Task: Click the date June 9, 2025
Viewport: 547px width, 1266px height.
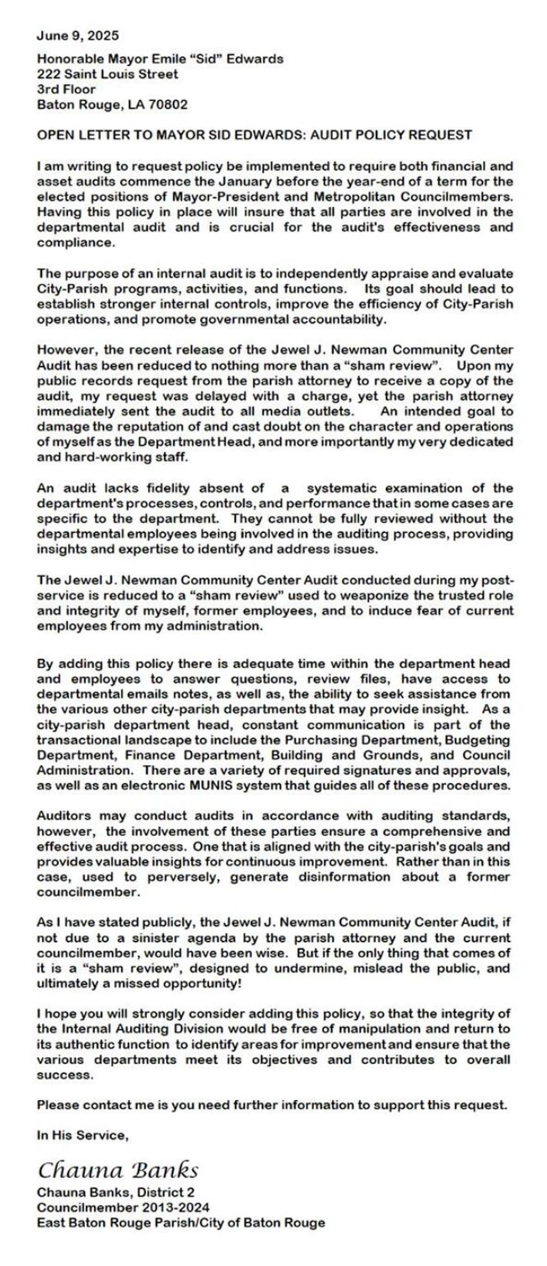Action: click(78, 36)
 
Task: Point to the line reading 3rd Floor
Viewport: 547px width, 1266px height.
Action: click(66, 89)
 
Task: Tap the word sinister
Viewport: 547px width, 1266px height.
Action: click(161, 938)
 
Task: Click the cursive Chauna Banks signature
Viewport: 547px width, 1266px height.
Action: click(118, 1171)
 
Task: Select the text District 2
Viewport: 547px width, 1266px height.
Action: click(166, 1192)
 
